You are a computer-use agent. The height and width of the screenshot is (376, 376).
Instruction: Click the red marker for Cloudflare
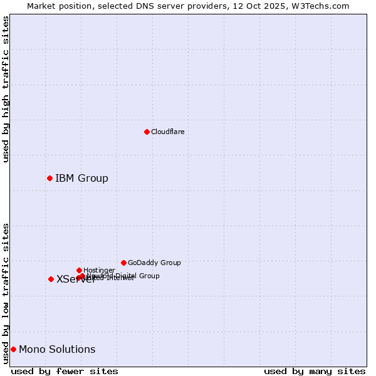[147, 132]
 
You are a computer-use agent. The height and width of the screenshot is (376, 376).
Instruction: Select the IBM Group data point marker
[50, 179]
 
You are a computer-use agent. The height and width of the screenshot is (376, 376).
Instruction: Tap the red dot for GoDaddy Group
[123, 263]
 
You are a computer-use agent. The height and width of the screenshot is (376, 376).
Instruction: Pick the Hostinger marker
[79, 270]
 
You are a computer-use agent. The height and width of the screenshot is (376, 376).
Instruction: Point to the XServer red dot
[51, 279]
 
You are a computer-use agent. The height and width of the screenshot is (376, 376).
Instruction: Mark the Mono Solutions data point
[13, 349]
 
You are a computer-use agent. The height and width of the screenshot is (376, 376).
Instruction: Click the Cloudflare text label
[167, 132]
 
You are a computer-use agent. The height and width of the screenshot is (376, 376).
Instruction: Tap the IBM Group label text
[81, 179]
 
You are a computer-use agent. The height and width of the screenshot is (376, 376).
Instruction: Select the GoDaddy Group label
[154, 263]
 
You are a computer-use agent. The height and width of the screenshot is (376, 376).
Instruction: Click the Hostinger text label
[99, 270]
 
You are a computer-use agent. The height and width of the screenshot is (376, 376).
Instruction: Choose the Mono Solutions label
[57, 349]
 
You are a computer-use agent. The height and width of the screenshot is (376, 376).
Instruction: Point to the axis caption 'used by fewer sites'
[65, 371]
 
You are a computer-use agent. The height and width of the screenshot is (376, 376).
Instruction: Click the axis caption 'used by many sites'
[315, 371]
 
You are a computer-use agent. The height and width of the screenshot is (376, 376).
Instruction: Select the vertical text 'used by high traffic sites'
[6, 89]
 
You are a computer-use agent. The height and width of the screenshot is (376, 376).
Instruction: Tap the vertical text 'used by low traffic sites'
[6, 293]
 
